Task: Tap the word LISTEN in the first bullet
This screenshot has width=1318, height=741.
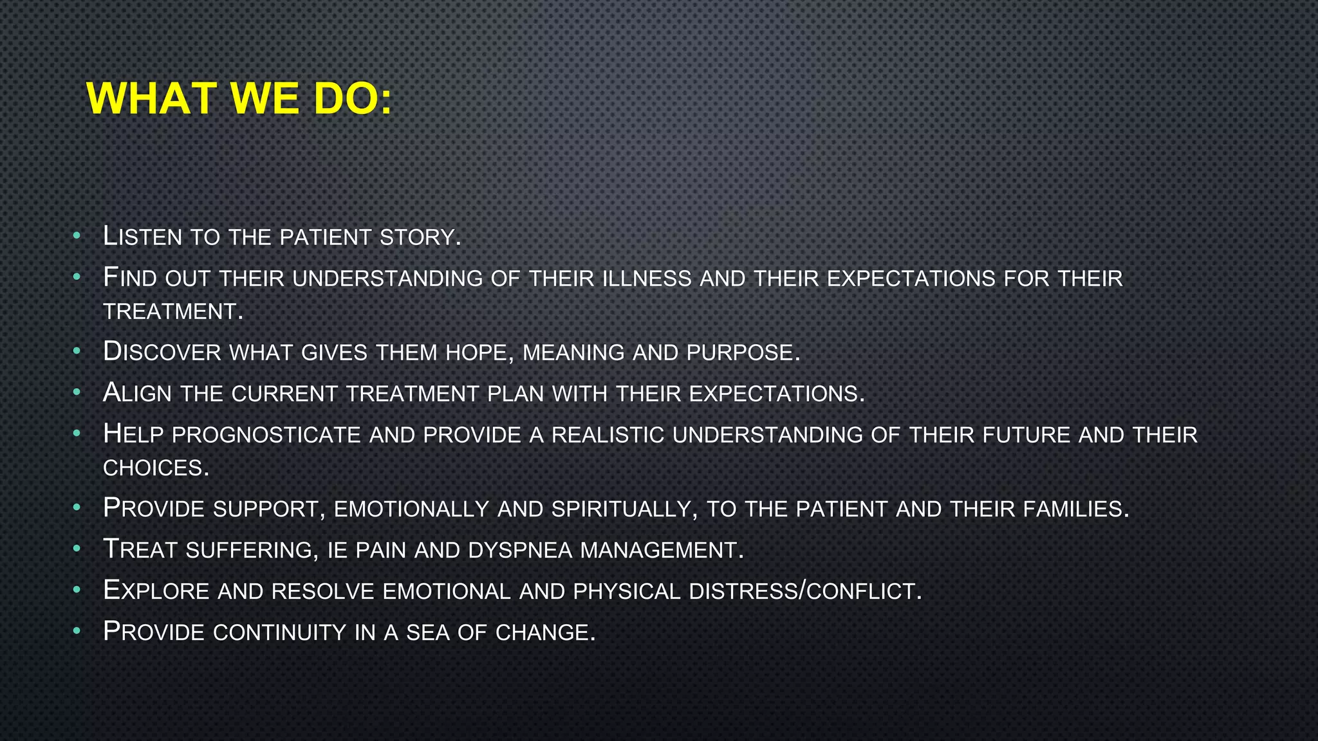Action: pos(142,237)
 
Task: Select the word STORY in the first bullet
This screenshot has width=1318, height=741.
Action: pos(420,237)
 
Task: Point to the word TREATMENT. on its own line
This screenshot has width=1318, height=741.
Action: pos(173,312)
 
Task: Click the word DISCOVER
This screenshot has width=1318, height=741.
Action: pos(162,352)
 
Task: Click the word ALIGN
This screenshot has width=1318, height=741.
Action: pos(137,393)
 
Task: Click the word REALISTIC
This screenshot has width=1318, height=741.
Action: pos(607,435)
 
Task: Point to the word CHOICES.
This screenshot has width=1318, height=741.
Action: pos(156,468)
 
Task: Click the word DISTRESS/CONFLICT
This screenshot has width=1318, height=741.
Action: pos(805,591)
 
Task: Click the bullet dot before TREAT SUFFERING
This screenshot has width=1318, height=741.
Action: pos(77,549)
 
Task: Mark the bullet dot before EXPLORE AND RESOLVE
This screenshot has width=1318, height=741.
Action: pos(77,589)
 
